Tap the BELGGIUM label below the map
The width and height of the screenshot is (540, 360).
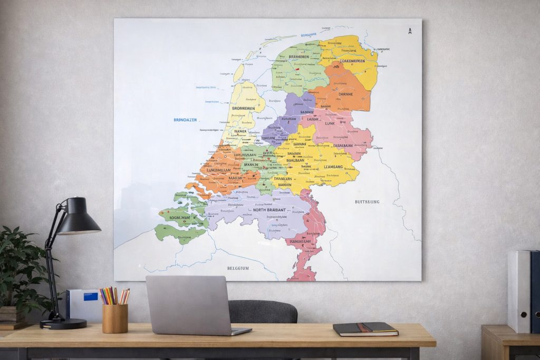(238, 268)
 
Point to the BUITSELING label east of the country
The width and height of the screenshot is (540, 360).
(367, 202)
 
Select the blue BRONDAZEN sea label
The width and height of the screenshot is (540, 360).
(185, 120)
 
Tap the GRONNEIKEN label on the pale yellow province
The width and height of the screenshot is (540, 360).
(243, 109)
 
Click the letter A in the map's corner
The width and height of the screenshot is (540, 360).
(410, 31)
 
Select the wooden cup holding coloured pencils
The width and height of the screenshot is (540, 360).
(115, 318)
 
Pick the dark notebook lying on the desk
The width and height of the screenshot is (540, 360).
(365, 329)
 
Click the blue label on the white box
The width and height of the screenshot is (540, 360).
(91, 296)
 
